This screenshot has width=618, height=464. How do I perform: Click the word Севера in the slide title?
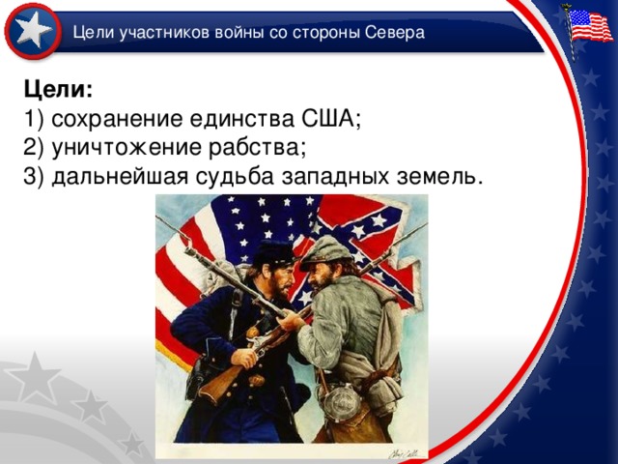(x=395, y=33)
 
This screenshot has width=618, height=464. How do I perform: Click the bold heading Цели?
(x=58, y=89)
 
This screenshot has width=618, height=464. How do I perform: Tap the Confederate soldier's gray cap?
(x=326, y=249)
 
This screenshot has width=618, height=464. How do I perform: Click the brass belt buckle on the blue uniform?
(x=256, y=379)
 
